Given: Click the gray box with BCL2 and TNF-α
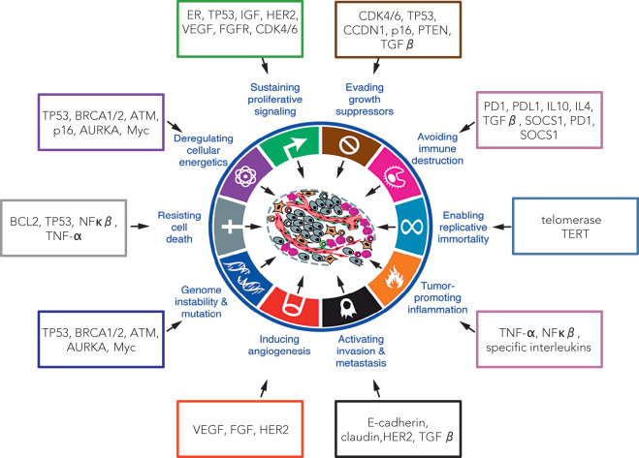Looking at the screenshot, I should pos(65,229).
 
